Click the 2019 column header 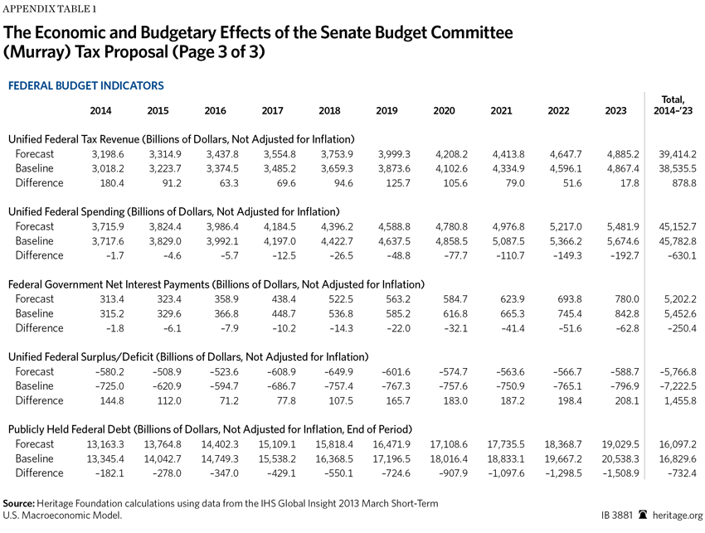click(387, 110)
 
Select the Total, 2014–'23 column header click(673, 105)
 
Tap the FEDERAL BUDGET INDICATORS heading click(86, 86)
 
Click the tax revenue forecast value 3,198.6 click(108, 154)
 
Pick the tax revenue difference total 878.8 click(684, 183)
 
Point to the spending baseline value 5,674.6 click(623, 241)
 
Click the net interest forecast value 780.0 click(627, 299)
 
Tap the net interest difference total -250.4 click(682, 328)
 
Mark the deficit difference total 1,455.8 click(680, 401)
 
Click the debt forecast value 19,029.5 click(620, 444)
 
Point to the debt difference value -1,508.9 click(620, 473)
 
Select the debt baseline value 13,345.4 click(105, 459)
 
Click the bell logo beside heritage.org click(643, 515)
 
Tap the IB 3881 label click(617, 516)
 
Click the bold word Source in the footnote click(18, 503)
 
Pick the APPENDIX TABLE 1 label click(50, 9)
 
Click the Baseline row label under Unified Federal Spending click(34, 241)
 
